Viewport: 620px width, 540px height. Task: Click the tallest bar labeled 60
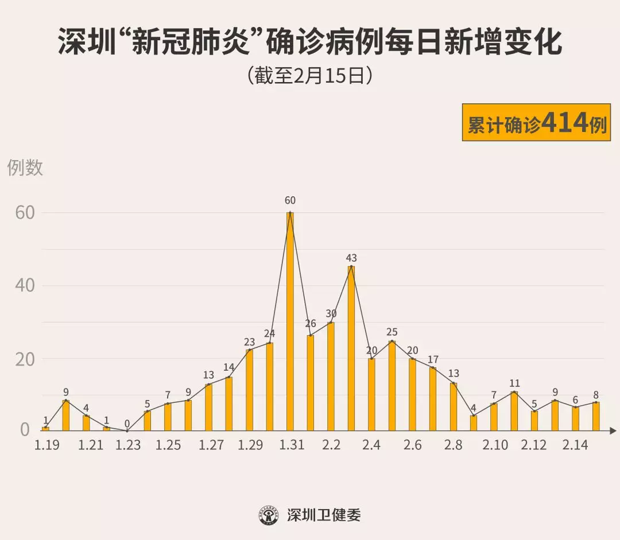pos(290,321)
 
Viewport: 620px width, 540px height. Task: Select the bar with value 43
pos(351,348)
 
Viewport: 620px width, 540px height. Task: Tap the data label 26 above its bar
pos(311,324)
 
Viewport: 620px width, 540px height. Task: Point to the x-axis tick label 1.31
pos(292,445)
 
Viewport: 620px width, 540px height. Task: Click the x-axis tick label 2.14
pos(575,445)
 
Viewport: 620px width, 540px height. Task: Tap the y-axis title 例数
pos(25,168)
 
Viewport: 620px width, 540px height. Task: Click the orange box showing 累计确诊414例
pos(536,122)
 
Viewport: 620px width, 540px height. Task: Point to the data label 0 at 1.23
pos(127,424)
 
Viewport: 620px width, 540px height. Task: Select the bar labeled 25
pos(392,386)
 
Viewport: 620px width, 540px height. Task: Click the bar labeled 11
pos(514,411)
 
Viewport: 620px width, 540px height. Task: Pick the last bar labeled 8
pos(596,416)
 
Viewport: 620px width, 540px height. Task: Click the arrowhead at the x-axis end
pos(613,430)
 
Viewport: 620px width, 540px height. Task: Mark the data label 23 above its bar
pos(249,342)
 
